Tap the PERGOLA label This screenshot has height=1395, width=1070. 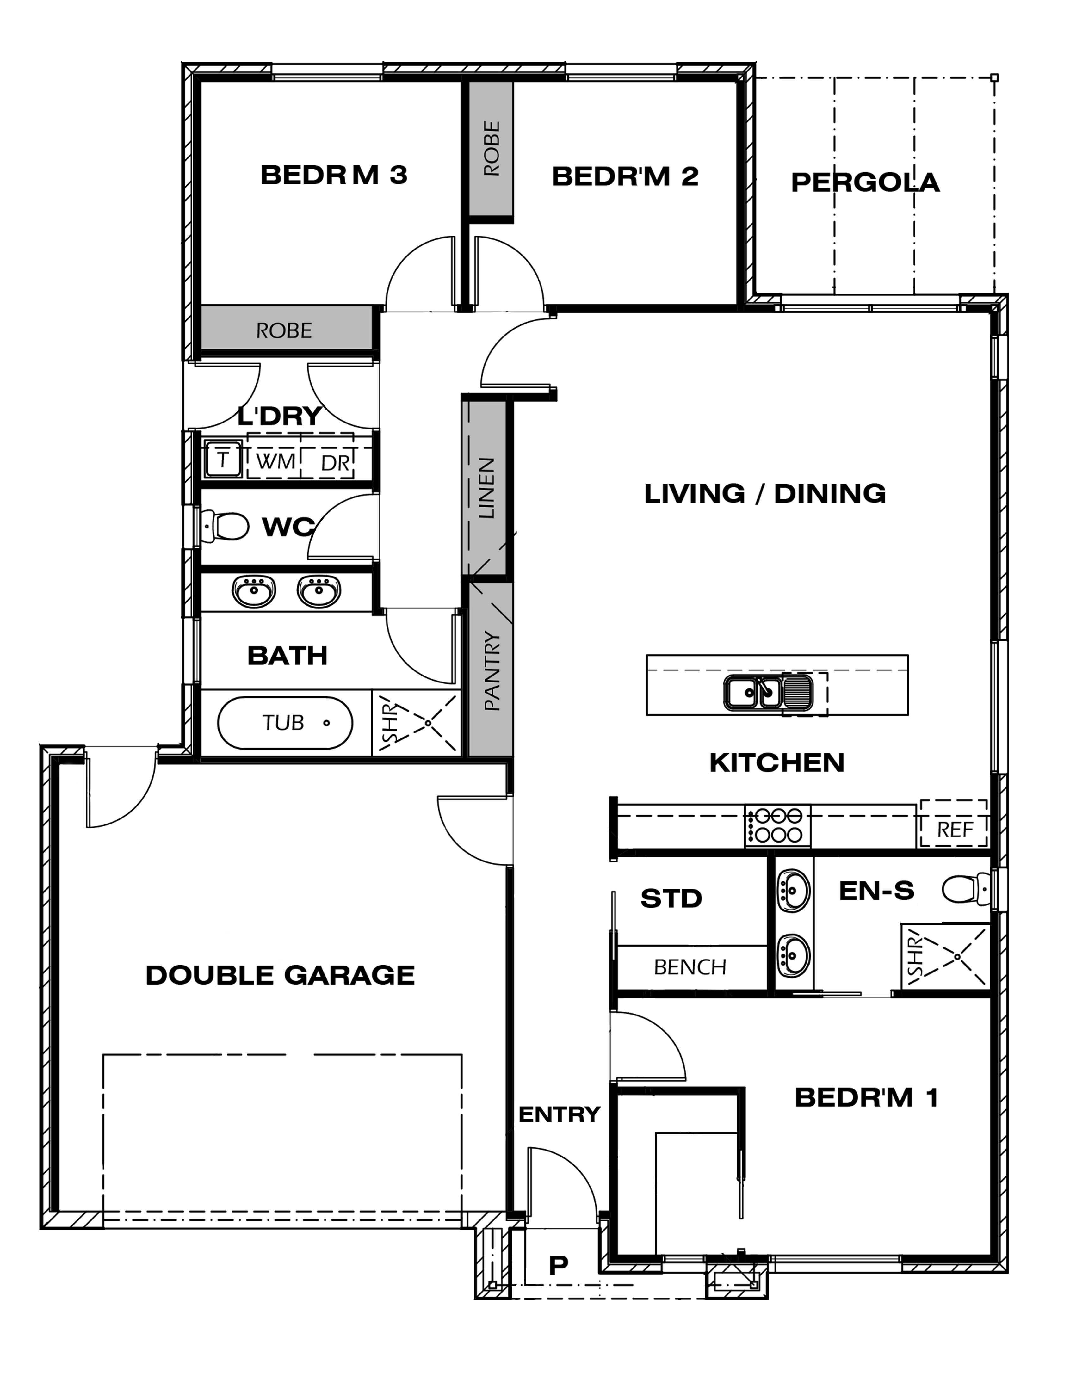point(865,183)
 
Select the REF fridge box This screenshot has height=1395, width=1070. point(953,823)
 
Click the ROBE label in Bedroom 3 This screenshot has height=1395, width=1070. point(284,330)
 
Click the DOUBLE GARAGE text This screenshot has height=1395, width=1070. point(280,975)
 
